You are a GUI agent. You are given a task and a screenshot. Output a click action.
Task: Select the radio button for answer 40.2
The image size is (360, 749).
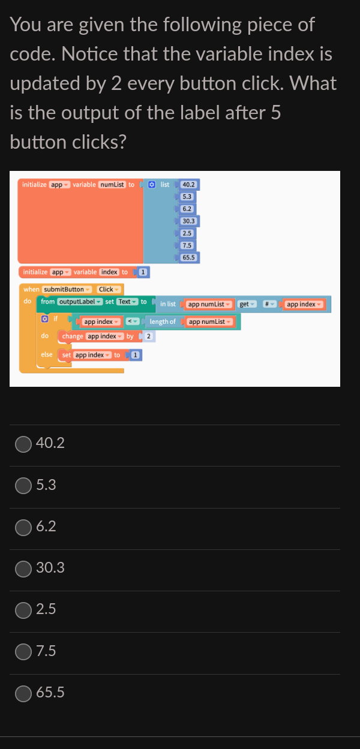[23, 443]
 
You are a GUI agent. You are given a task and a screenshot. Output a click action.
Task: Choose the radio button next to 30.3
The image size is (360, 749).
[23, 567]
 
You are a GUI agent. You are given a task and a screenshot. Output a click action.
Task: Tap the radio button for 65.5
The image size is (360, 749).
[23, 693]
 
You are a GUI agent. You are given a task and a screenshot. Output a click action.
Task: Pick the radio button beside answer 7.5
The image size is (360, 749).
[23, 651]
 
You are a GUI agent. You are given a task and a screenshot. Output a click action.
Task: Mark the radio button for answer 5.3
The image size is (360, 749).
[23, 485]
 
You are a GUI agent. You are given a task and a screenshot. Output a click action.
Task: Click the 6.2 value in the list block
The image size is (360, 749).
[187, 209]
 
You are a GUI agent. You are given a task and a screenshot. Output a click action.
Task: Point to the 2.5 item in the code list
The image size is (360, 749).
[187, 233]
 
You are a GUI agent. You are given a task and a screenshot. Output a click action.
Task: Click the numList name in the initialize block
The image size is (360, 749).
[111, 184]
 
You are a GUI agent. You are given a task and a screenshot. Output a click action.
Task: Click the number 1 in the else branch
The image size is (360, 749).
[136, 355]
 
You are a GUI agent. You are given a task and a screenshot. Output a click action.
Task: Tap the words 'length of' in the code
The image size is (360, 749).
[163, 322]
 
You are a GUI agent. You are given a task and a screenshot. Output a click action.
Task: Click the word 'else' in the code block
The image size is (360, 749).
[47, 354]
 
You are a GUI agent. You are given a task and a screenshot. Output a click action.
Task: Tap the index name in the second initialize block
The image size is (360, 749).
[109, 272]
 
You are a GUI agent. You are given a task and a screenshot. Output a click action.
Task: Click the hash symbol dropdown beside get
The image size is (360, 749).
[271, 304]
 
